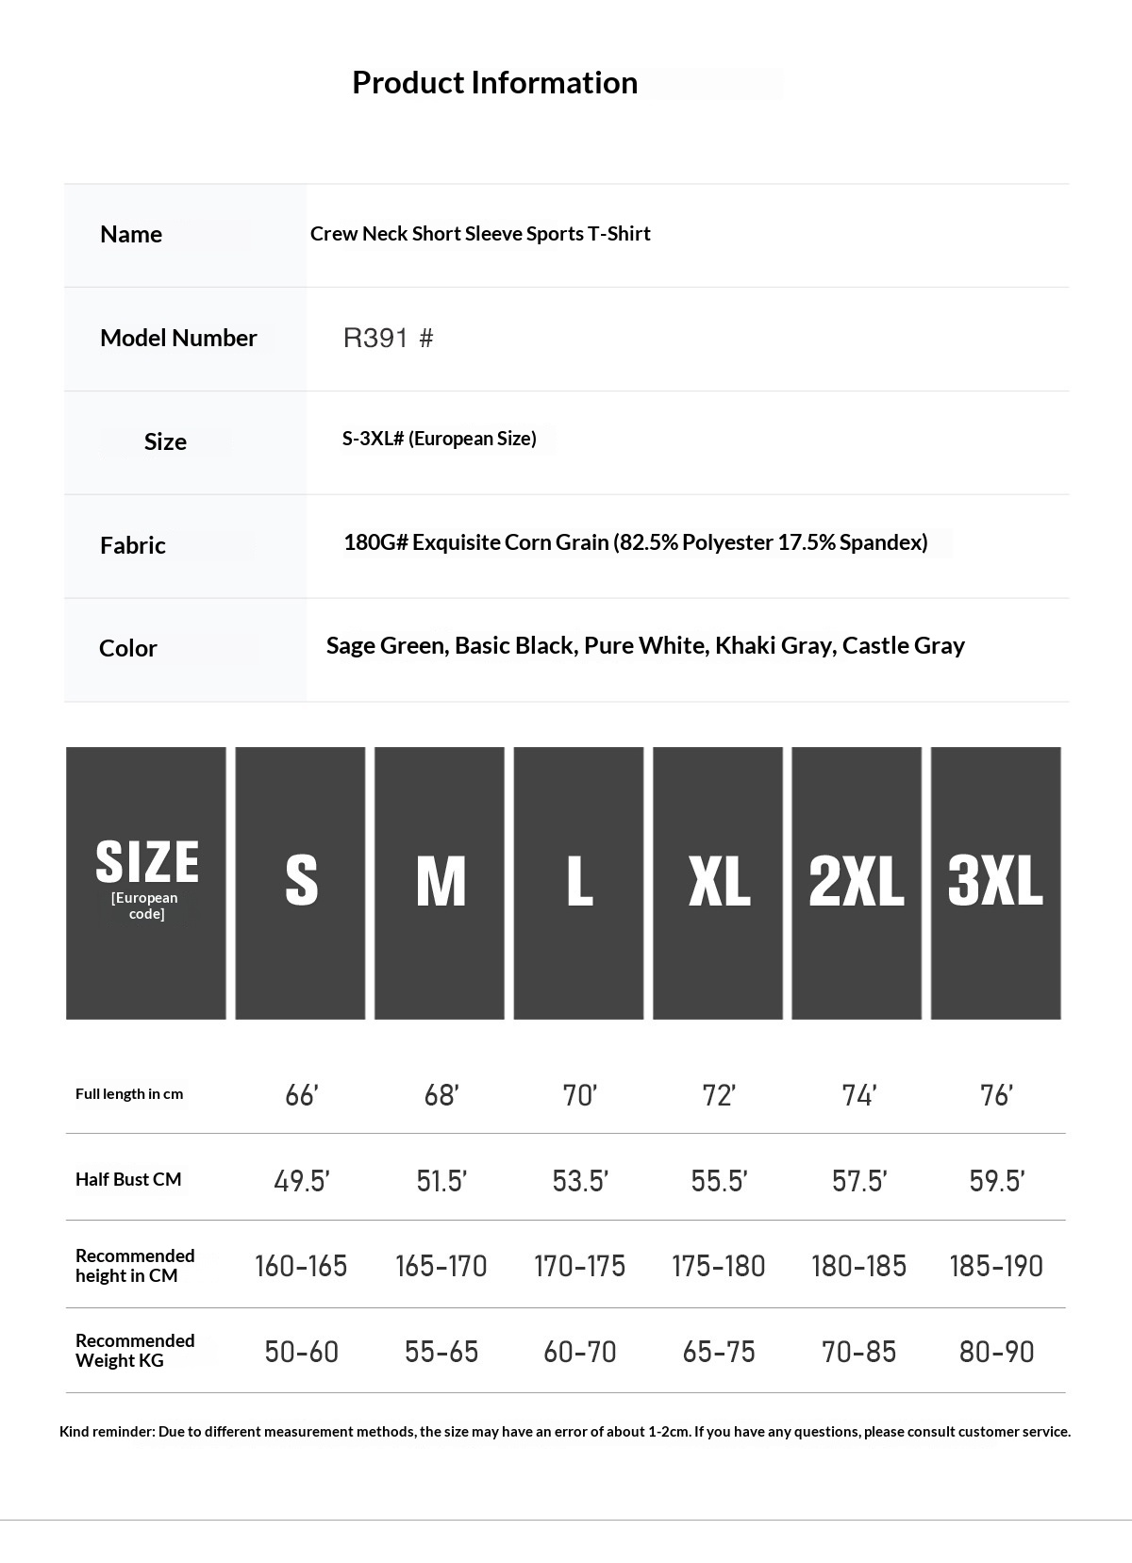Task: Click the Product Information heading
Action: [x=494, y=83]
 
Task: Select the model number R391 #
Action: [x=388, y=338]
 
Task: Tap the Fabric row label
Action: [x=133, y=545]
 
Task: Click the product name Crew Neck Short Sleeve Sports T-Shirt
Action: [x=480, y=234]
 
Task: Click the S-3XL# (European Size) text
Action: [x=439, y=439]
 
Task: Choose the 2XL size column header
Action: [x=856, y=882]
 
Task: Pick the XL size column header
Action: [x=718, y=882]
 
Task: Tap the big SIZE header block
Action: [x=146, y=882]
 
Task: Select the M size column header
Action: [x=440, y=882]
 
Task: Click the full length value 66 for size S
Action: [x=301, y=1095]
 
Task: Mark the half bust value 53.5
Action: [x=579, y=1181]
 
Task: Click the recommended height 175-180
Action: [x=718, y=1266]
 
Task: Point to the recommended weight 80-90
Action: [x=996, y=1352]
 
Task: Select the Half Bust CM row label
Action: [x=128, y=1179]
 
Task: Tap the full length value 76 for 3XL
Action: [x=996, y=1095]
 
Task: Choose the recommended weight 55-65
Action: [x=441, y=1352]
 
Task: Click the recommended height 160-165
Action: [x=301, y=1266]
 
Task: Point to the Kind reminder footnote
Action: [x=565, y=1432]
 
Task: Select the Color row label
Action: [x=128, y=648]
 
